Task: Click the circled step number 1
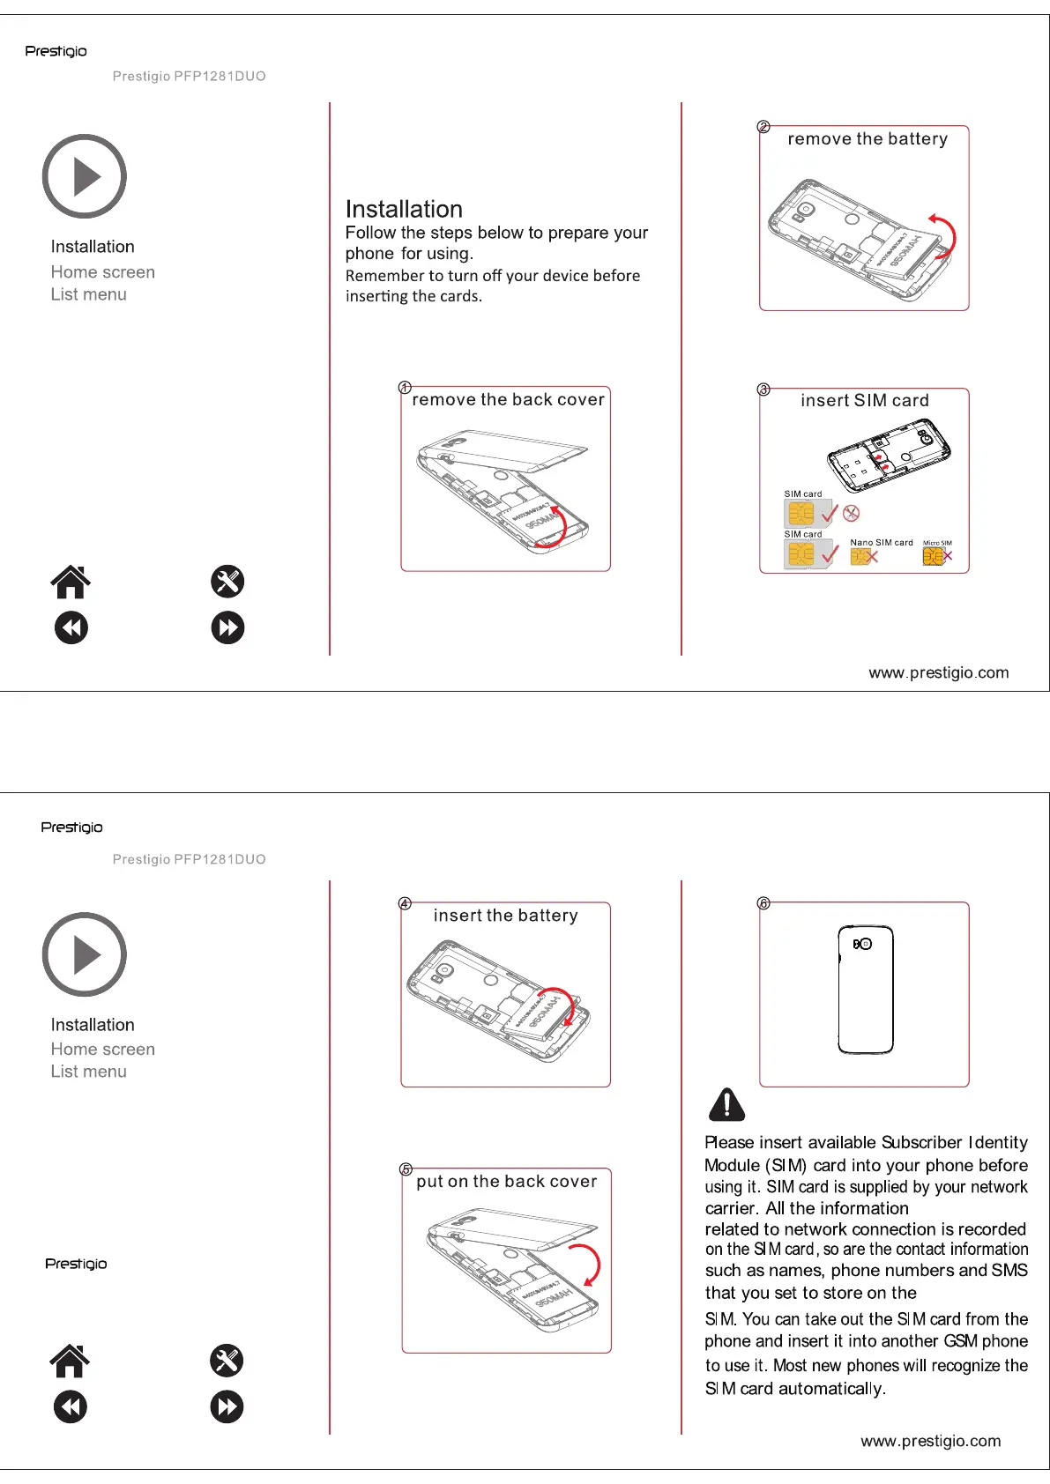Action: pyautogui.click(x=405, y=388)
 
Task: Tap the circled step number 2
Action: pyautogui.click(x=763, y=127)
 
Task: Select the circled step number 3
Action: pyautogui.click(x=763, y=390)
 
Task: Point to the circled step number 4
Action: pyautogui.click(x=405, y=903)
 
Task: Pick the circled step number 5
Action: pyautogui.click(x=406, y=1169)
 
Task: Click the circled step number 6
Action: pyautogui.click(x=763, y=903)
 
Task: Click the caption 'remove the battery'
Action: pyautogui.click(x=868, y=139)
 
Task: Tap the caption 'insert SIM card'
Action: pyautogui.click(x=864, y=401)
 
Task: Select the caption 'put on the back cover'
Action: pyautogui.click(x=506, y=1182)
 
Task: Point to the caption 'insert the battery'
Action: pyautogui.click(x=505, y=916)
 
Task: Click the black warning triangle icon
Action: pyautogui.click(x=726, y=1104)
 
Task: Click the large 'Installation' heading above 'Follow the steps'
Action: pyautogui.click(x=404, y=210)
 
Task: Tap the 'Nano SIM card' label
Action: pyautogui.click(x=881, y=543)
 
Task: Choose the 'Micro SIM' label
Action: pyautogui.click(x=937, y=543)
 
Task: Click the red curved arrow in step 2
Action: pyautogui.click(x=945, y=234)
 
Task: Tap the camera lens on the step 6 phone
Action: pyautogui.click(x=865, y=944)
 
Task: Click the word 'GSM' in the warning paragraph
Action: pyautogui.click(x=959, y=1341)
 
